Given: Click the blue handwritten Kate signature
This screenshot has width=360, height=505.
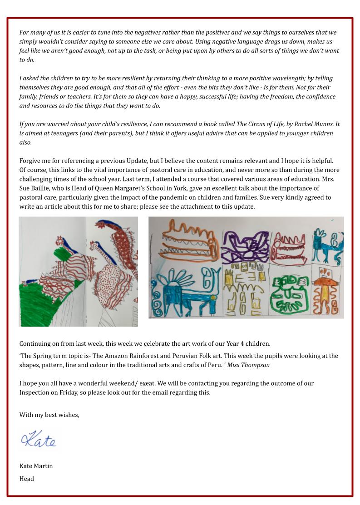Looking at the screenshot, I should click(x=38, y=440).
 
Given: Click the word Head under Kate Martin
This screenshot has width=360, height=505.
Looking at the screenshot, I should click(x=27, y=478).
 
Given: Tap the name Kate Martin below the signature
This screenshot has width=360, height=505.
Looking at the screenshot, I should click(x=36, y=466).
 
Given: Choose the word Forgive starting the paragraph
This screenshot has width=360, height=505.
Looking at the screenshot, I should click(x=30, y=161).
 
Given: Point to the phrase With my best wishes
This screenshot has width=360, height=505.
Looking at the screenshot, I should click(x=49, y=414).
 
